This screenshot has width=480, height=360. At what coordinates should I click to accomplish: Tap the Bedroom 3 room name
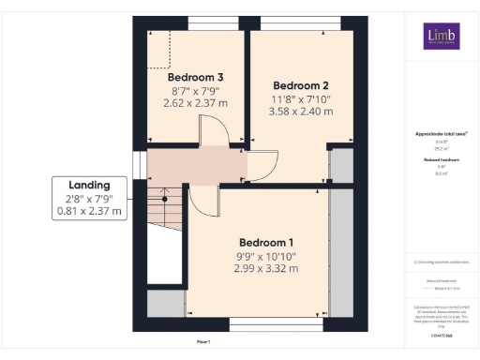pos(195,77)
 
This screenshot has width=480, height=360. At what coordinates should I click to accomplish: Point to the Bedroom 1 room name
pos(266,240)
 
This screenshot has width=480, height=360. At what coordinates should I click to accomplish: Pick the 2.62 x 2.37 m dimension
pos(195,105)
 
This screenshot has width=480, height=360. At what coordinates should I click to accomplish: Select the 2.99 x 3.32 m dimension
pos(266,268)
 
